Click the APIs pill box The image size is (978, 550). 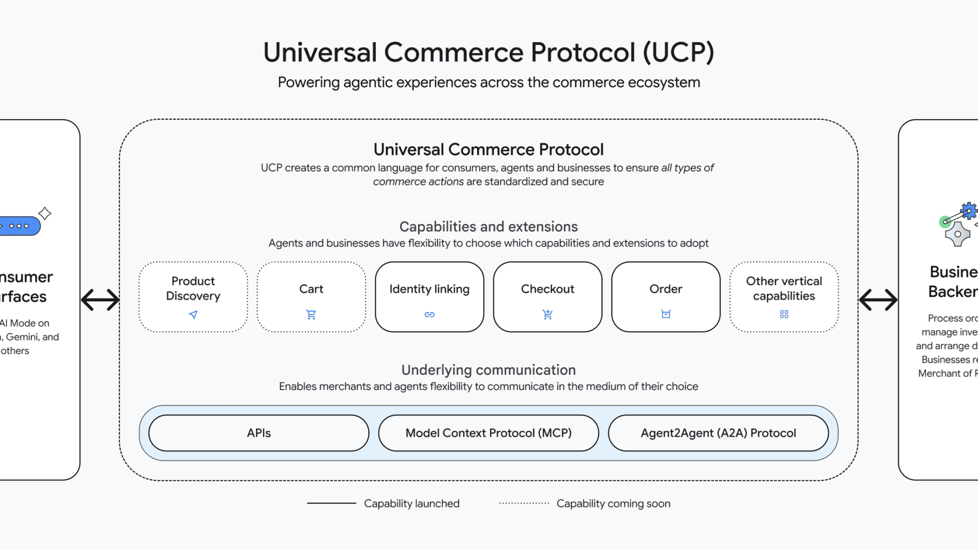(x=259, y=433)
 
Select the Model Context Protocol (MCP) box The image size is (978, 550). (x=488, y=433)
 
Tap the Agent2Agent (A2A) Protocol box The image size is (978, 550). (x=718, y=433)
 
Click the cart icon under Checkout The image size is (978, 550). (x=548, y=314)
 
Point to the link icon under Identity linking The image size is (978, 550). (x=429, y=314)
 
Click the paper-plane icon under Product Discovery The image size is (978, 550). (x=193, y=315)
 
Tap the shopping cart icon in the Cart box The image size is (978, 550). (x=311, y=314)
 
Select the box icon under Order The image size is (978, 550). (x=666, y=314)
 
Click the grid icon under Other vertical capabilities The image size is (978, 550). (x=784, y=314)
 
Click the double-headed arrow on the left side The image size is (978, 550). (x=100, y=299)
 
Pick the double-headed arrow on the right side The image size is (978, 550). (x=878, y=299)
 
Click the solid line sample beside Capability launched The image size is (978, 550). (x=331, y=503)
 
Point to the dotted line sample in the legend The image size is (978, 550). (x=524, y=503)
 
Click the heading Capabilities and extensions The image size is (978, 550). (x=488, y=227)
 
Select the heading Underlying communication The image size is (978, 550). (x=488, y=370)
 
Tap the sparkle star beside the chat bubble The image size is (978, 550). (x=45, y=213)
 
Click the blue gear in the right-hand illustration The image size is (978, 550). (x=968, y=210)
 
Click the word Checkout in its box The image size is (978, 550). (x=548, y=289)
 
